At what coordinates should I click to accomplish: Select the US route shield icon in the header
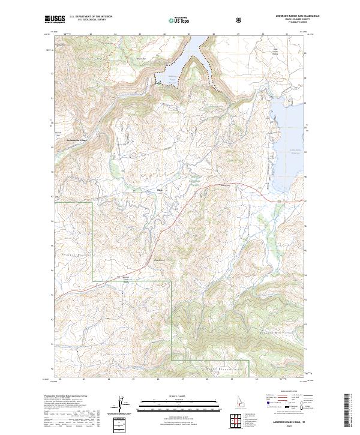click(240, 20)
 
